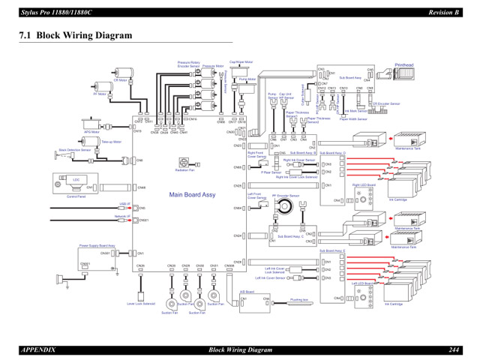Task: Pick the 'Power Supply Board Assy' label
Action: coord(97,245)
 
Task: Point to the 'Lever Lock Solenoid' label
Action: coord(141,304)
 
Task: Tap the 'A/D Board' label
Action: coord(247,292)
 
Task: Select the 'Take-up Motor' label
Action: coord(111,142)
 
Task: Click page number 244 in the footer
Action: coord(455,349)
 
